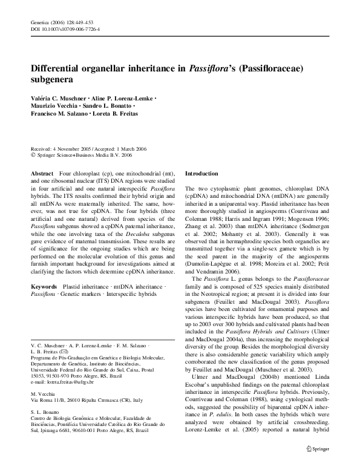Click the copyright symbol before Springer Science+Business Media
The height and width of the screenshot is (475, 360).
point(33,155)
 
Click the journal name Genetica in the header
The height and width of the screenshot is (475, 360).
point(40,21)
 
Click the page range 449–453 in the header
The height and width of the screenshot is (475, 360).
point(86,21)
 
